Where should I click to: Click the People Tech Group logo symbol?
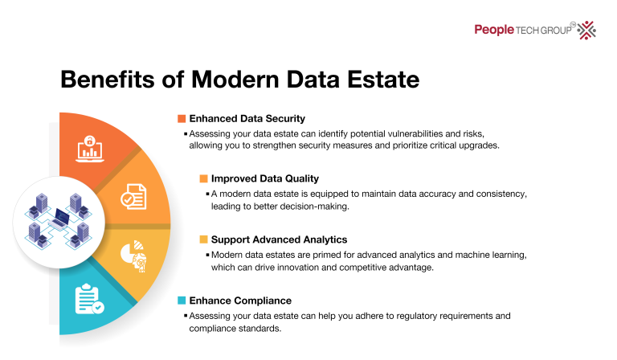586,30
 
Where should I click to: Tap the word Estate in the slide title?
382,80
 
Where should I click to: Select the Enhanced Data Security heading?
247,118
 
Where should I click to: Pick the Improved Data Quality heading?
264,178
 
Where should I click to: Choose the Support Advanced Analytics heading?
279,239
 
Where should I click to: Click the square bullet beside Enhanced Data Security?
182,118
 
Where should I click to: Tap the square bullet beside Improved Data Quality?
204,178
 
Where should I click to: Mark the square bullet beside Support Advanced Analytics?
204,239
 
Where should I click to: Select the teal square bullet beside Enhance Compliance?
182,301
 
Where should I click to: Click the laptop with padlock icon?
90,146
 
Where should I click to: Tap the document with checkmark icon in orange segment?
133,195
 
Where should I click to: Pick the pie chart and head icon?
133,254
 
